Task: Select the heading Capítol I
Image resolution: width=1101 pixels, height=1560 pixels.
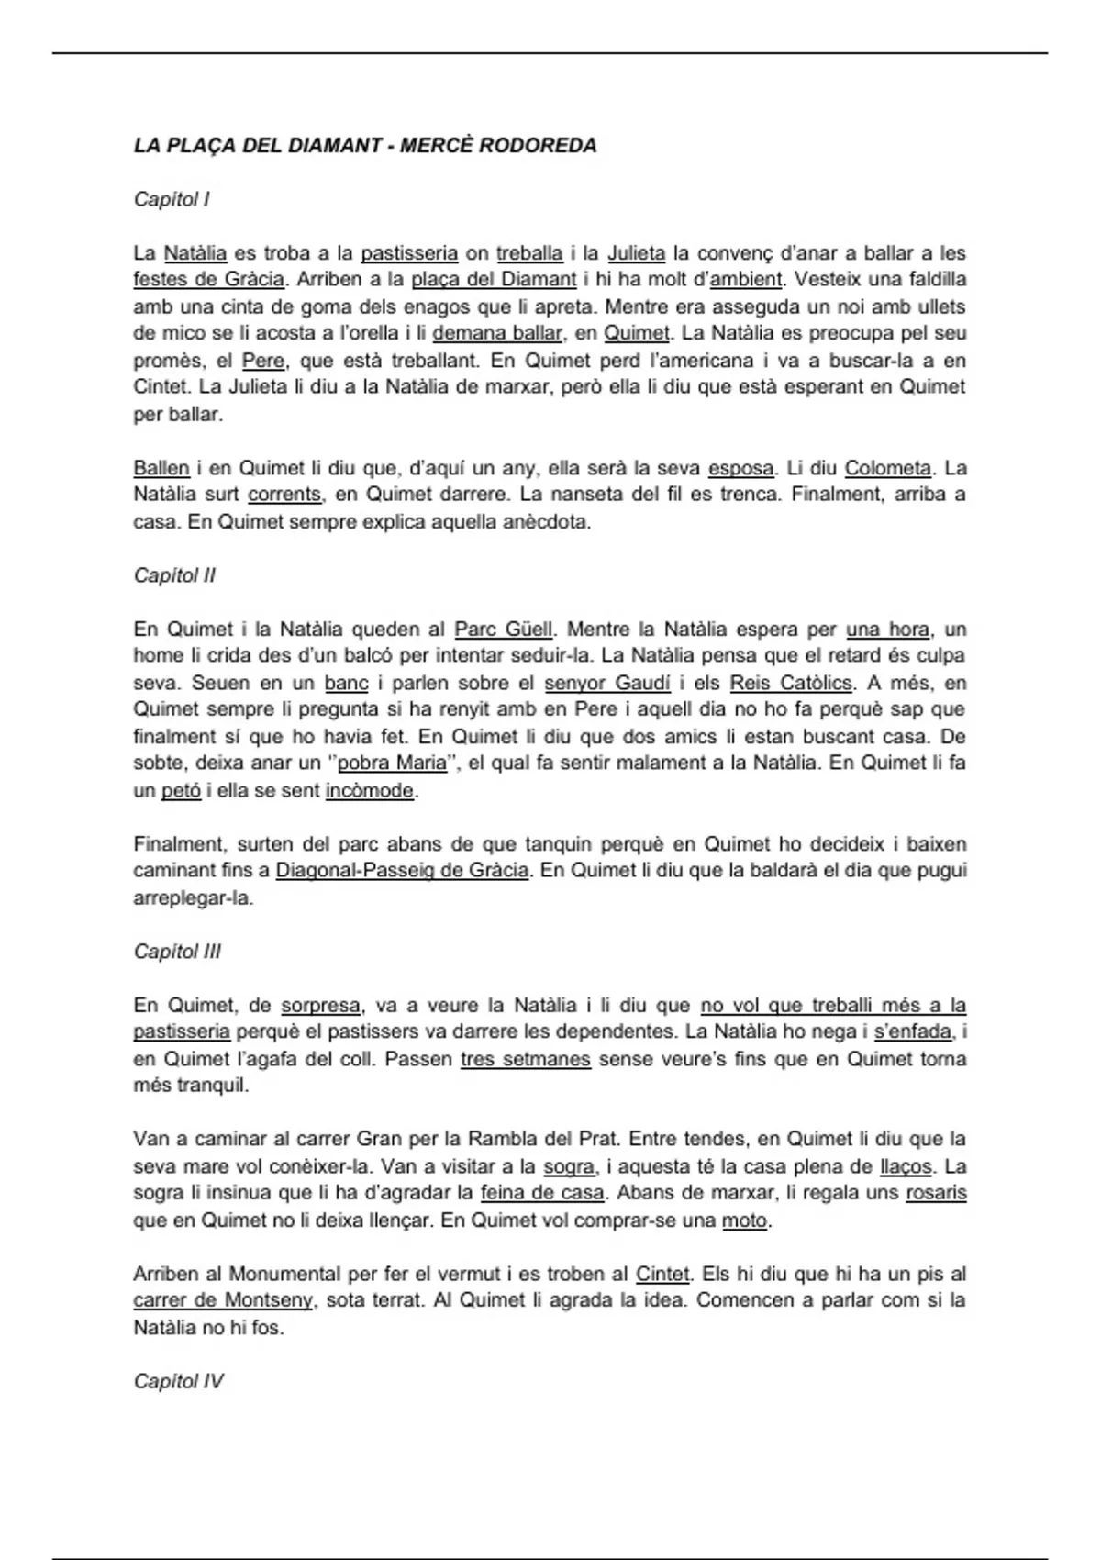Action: pyautogui.click(x=172, y=199)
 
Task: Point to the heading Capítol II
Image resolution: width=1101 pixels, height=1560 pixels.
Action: pyautogui.click(x=174, y=575)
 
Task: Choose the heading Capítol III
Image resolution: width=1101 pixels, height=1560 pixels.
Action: pyautogui.click(x=177, y=952)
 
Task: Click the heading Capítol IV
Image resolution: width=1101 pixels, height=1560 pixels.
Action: pyautogui.click(x=178, y=1381)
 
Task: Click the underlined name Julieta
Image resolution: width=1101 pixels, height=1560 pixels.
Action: pyautogui.click(x=636, y=252)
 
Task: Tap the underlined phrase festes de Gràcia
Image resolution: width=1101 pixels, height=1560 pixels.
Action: pyautogui.click(x=208, y=279)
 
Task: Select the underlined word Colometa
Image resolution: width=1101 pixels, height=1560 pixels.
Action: pyautogui.click(x=887, y=468)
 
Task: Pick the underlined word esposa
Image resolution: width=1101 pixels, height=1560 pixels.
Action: pyautogui.click(x=740, y=468)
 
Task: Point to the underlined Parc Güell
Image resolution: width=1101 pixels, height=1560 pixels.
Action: pyautogui.click(x=504, y=630)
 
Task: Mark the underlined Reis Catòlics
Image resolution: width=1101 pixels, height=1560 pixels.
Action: pyautogui.click(x=791, y=683)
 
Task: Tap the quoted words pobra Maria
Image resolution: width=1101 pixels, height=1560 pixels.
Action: pyautogui.click(x=393, y=763)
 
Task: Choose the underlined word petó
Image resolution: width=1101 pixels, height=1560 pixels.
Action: pyautogui.click(x=181, y=790)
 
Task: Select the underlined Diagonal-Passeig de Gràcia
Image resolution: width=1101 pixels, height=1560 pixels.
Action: pyautogui.click(x=402, y=870)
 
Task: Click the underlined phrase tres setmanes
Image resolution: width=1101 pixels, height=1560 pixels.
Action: pyautogui.click(x=525, y=1059)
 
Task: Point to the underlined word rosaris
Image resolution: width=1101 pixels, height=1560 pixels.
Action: pyautogui.click(x=936, y=1193)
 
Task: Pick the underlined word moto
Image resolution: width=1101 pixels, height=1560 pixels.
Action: pyautogui.click(x=745, y=1220)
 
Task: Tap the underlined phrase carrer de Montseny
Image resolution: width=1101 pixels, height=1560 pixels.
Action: pyautogui.click(x=223, y=1300)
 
